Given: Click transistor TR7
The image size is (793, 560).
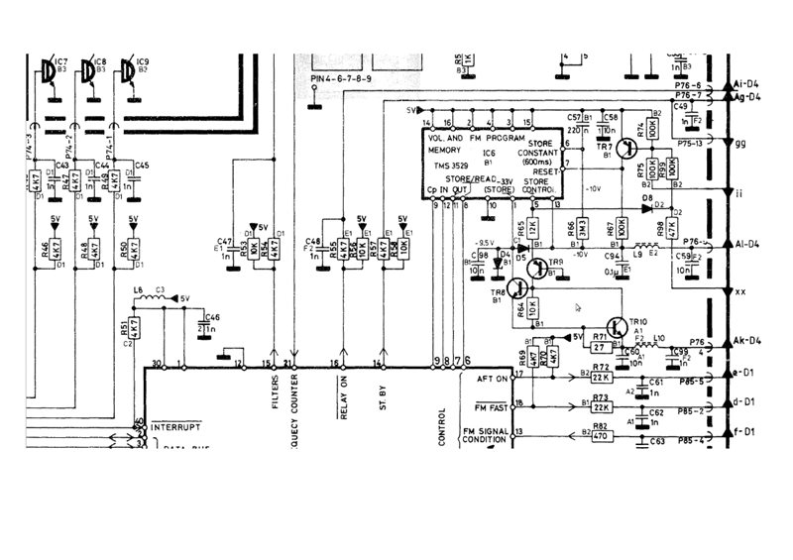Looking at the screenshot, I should (624, 150).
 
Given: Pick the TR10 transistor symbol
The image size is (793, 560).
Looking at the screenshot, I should (617, 328).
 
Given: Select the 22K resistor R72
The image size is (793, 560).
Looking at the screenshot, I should (600, 379).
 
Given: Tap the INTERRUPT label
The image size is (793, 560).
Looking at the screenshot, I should (175, 427).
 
